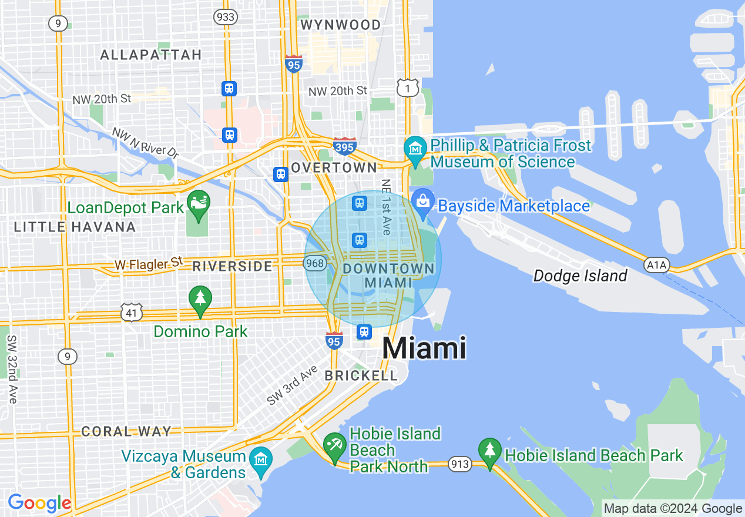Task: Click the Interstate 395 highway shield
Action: click(x=344, y=146)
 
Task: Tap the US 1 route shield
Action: click(x=407, y=88)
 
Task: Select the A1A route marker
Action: click(x=656, y=266)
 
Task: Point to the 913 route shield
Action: click(x=459, y=465)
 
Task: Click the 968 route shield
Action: click(x=316, y=263)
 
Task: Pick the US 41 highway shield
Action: click(x=132, y=313)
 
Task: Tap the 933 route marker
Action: click(x=226, y=16)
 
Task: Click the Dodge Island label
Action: click(x=580, y=276)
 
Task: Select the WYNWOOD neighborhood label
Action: click(x=340, y=25)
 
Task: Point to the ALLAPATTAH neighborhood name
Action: click(x=151, y=55)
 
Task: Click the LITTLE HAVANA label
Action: click(x=75, y=227)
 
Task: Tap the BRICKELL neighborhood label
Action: click(x=361, y=375)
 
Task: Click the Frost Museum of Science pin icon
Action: click(x=415, y=149)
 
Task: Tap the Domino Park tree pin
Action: click(x=200, y=299)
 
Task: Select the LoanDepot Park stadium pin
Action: click(x=199, y=204)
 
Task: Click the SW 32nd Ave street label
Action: click(x=12, y=369)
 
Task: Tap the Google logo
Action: click(x=39, y=503)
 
